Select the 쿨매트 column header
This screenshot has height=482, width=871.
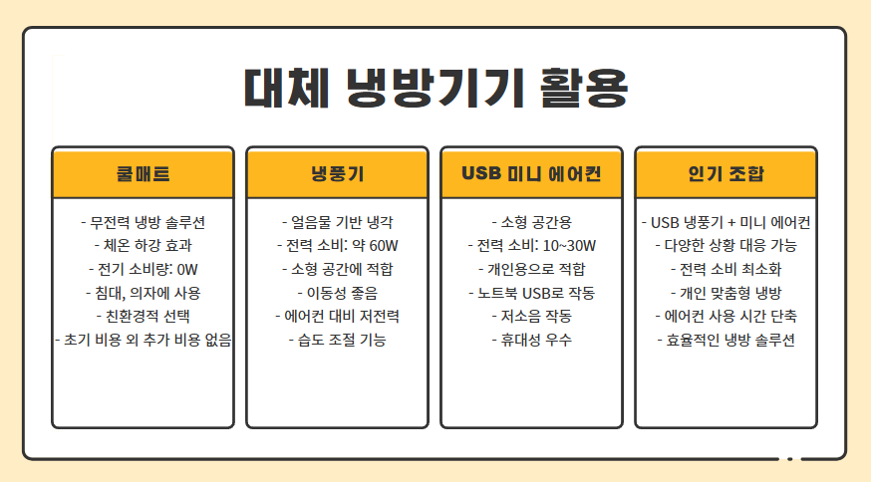coord(143,174)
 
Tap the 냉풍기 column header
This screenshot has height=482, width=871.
coord(337,174)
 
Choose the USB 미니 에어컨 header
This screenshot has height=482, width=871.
coord(531,174)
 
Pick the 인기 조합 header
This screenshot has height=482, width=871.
coord(726,174)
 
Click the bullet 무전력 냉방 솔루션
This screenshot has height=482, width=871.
coord(143,221)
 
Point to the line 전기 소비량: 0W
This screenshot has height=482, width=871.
coord(143,269)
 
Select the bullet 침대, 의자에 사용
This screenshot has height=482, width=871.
coord(143,293)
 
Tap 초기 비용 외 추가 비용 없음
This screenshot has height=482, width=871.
coord(143,341)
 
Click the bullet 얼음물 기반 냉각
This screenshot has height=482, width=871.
coord(337,221)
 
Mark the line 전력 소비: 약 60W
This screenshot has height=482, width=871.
coord(337,245)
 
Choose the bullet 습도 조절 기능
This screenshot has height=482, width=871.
coord(337,341)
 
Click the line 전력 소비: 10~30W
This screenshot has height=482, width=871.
coord(531,245)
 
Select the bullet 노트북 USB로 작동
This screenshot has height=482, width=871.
coord(531,293)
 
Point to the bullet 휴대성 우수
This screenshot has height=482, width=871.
coord(531,341)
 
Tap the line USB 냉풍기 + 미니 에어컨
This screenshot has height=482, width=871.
coord(726,221)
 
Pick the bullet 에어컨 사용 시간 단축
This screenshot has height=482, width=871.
coord(726,317)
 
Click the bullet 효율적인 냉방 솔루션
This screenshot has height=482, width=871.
coord(726,341)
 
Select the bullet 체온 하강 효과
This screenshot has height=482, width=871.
coord(143,245)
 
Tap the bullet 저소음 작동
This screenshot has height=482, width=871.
coord(531,317)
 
